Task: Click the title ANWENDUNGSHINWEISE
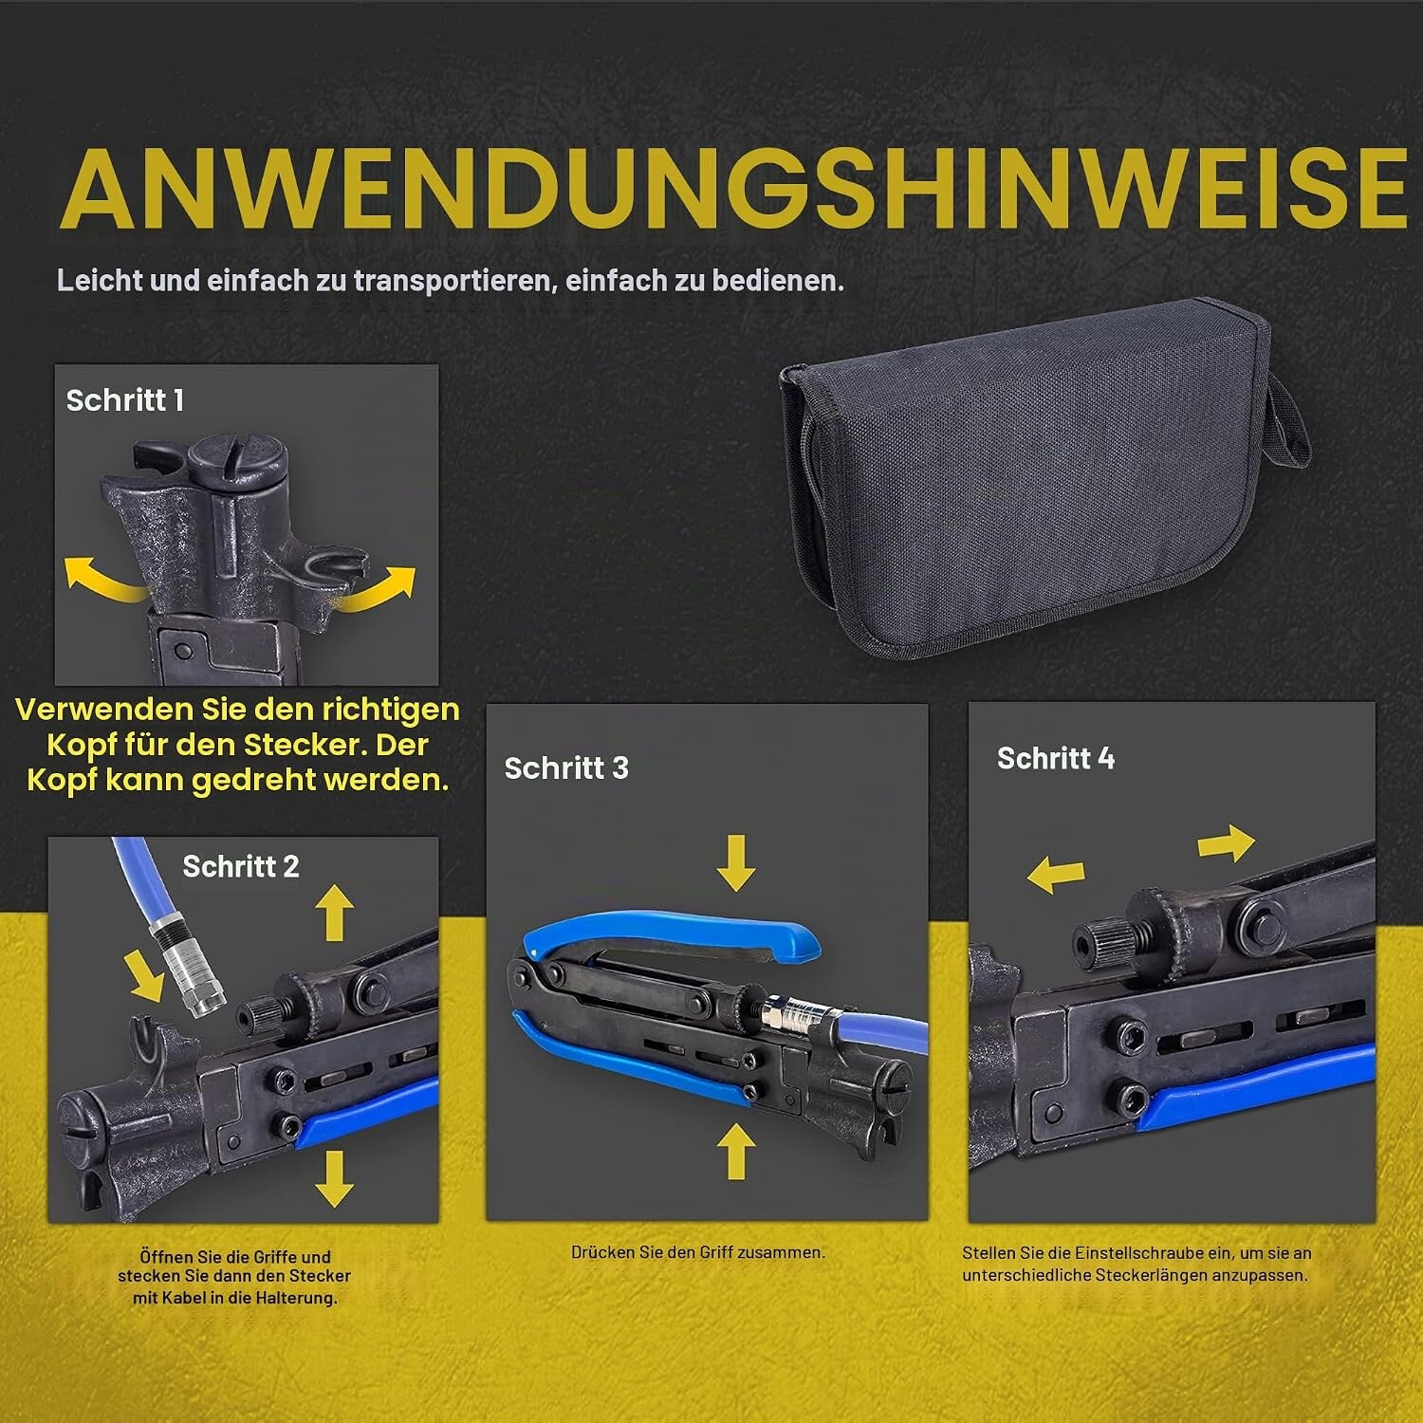pos(733,189)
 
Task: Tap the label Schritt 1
pos(124,400)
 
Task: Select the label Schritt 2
pos(241,866)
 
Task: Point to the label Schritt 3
pos(566,767)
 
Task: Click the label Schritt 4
pos(1056,758)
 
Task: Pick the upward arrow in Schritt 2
pos(334,912)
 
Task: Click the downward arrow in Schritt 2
pos(334,1177)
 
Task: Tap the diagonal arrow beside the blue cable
pos(145,977)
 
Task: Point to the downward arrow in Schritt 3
pos(735,863)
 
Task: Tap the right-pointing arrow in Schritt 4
pos(1227,842)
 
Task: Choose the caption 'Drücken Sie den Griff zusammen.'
pos(698,1252)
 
